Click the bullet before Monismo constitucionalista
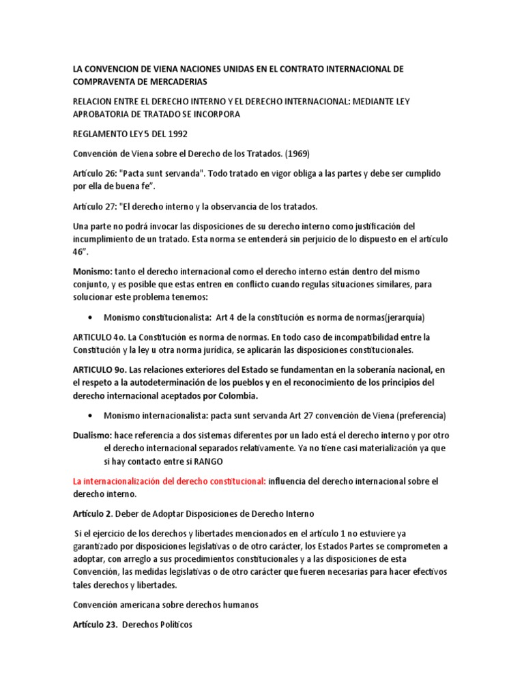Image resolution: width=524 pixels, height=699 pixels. click(91, 317)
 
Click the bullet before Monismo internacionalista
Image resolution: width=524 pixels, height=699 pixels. click(91, 416)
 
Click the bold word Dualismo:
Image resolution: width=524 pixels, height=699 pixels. click(93, 435)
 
